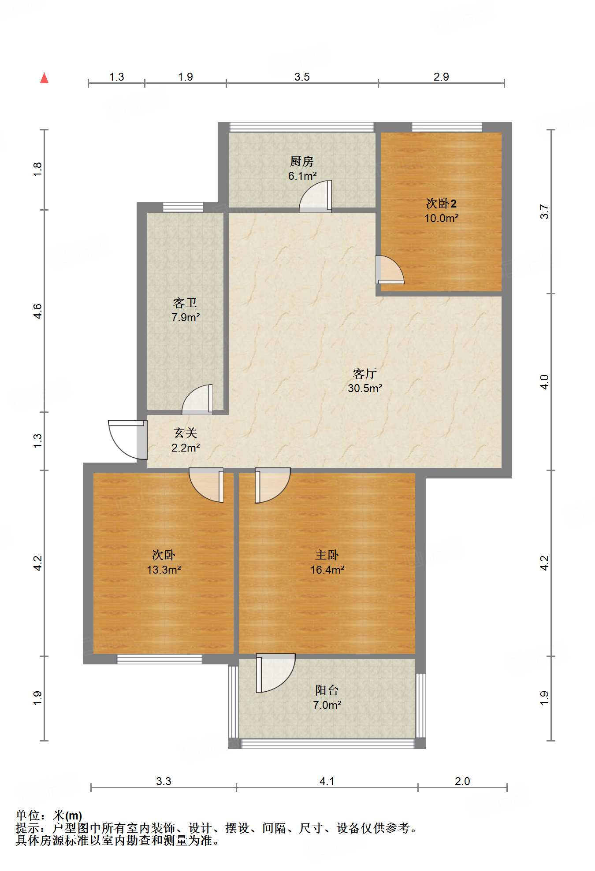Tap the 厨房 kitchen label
tap(302, 161)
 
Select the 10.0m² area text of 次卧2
tap(441, 218)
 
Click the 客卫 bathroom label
tap(185, 303)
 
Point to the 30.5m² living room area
tap(365, 388)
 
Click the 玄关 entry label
tap(185, 433)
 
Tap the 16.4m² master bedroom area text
tap(327, 570)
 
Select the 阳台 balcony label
tap(327, 690)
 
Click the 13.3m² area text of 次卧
tap(164, 570)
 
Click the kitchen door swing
tap(315, 196)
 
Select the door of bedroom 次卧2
tap(390, 270)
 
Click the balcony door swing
tap(275, 673)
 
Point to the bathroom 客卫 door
tap(197, 400)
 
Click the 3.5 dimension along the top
tap(302, 77)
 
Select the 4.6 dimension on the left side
tap(38, 311)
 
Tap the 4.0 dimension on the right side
tap(545, 382)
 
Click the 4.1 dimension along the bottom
tap(327, 781)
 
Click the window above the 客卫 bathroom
tap(183, 207)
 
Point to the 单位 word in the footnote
tap(28, 815)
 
